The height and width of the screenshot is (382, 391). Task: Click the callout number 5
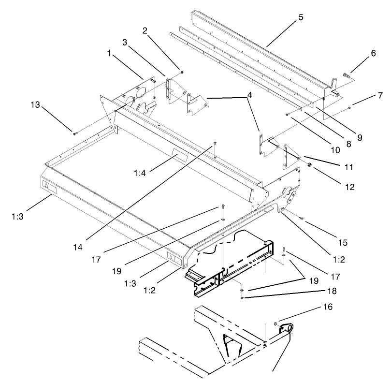click(301, 17)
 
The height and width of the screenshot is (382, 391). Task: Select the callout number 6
click(373, 55)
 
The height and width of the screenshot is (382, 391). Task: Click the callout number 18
click(332, 292)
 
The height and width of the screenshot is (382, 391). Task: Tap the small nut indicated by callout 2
click(181, 72)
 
